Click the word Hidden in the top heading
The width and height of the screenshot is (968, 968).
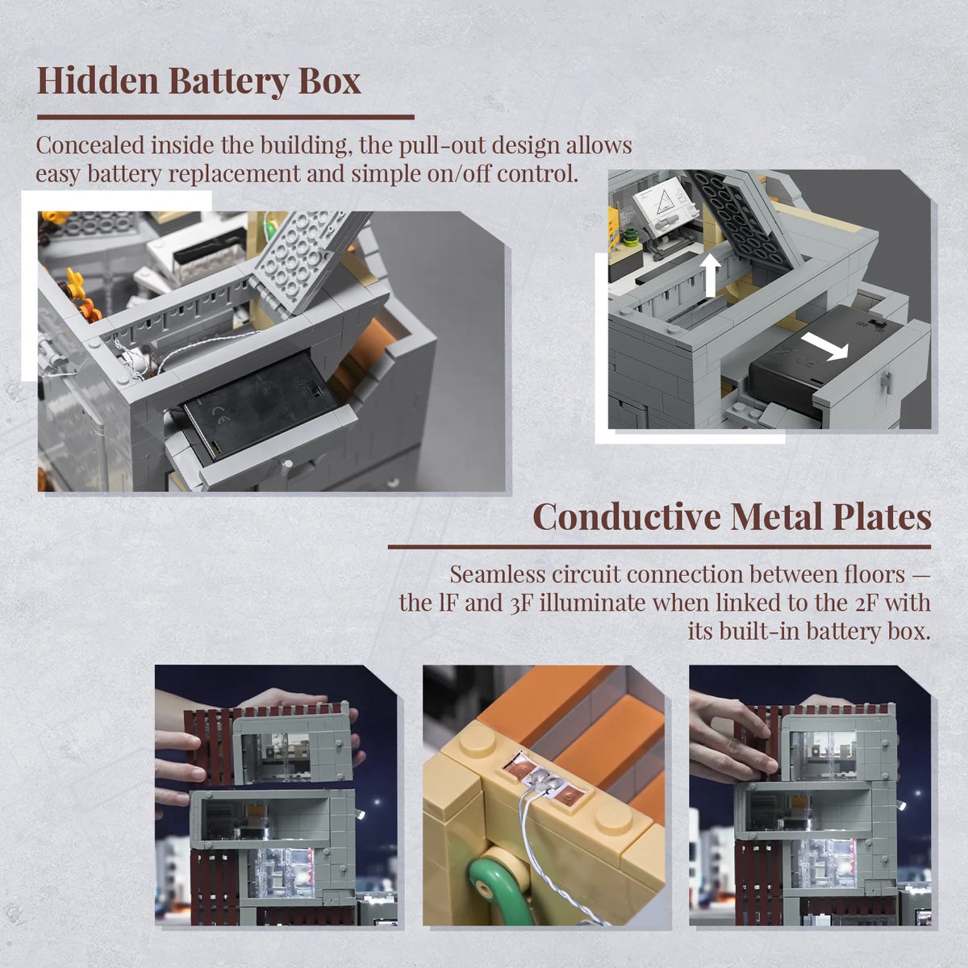[98, 81]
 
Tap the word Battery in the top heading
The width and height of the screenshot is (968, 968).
[228, 81]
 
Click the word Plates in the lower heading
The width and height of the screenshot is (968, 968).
[882, 516]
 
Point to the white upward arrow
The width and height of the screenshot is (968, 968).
[711, 275]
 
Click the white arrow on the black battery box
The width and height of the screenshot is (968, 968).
[825, 347]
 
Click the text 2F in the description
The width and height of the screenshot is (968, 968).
[867, 603]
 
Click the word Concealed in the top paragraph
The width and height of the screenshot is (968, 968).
[90, 145]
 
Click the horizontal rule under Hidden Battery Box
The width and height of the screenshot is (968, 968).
[226, 117]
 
